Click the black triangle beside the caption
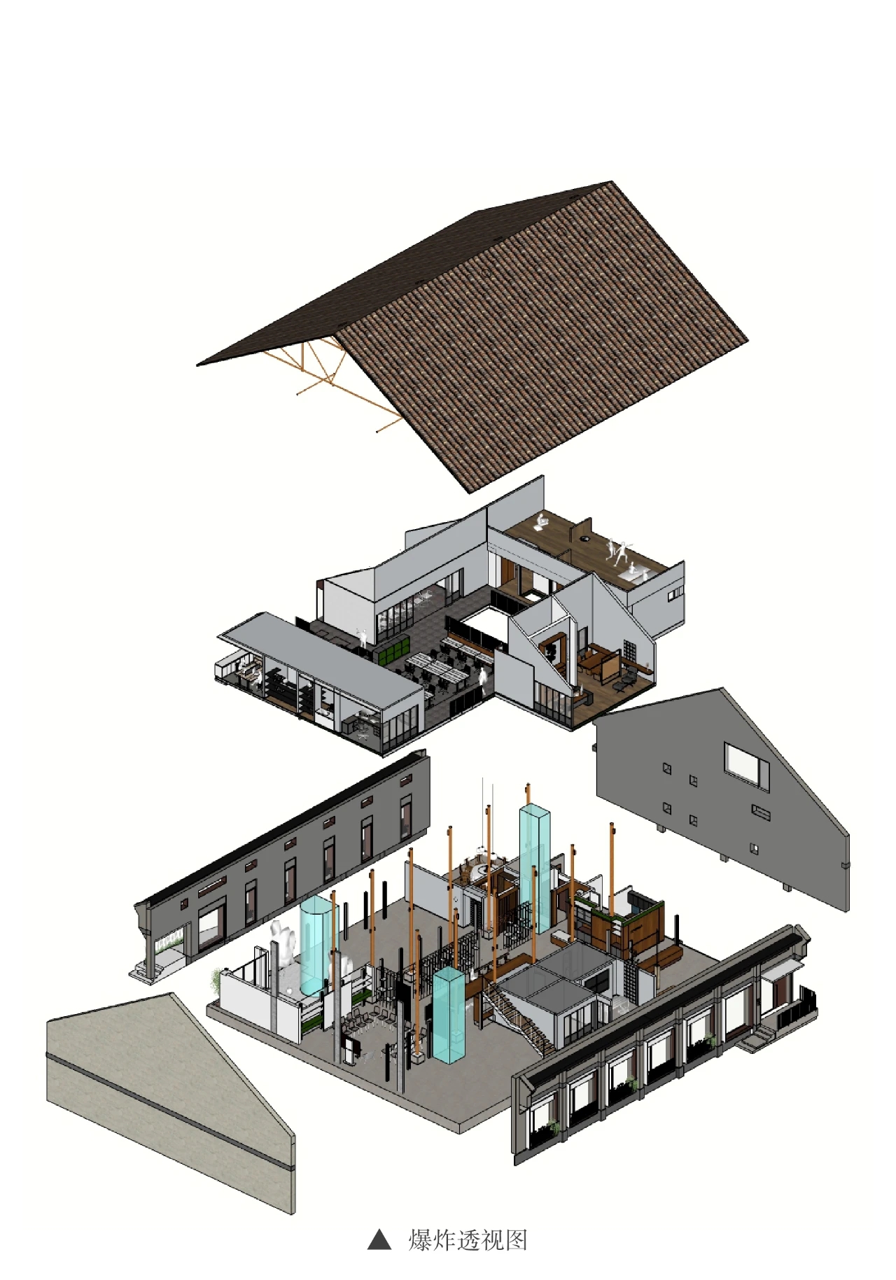point(379,1239)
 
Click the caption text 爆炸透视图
point(468,1239)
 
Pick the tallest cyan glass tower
point(534,868)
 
